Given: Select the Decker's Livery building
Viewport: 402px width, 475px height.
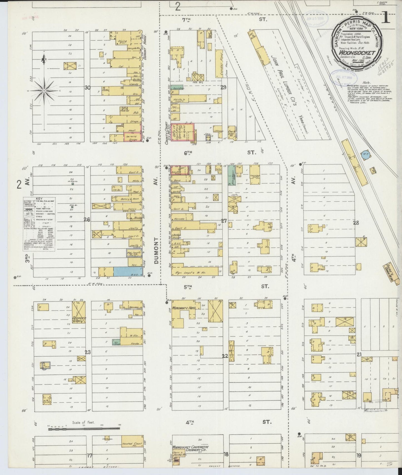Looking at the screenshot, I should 78,312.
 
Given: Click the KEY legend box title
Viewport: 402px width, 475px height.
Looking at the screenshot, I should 39,199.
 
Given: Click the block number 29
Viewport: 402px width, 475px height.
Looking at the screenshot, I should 223,87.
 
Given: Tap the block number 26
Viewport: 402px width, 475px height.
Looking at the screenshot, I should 87,219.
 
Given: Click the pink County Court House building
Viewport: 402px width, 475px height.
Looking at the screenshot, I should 182,132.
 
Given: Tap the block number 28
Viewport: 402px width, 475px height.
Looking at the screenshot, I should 356,222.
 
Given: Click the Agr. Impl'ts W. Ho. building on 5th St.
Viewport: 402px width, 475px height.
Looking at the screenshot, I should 195,271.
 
